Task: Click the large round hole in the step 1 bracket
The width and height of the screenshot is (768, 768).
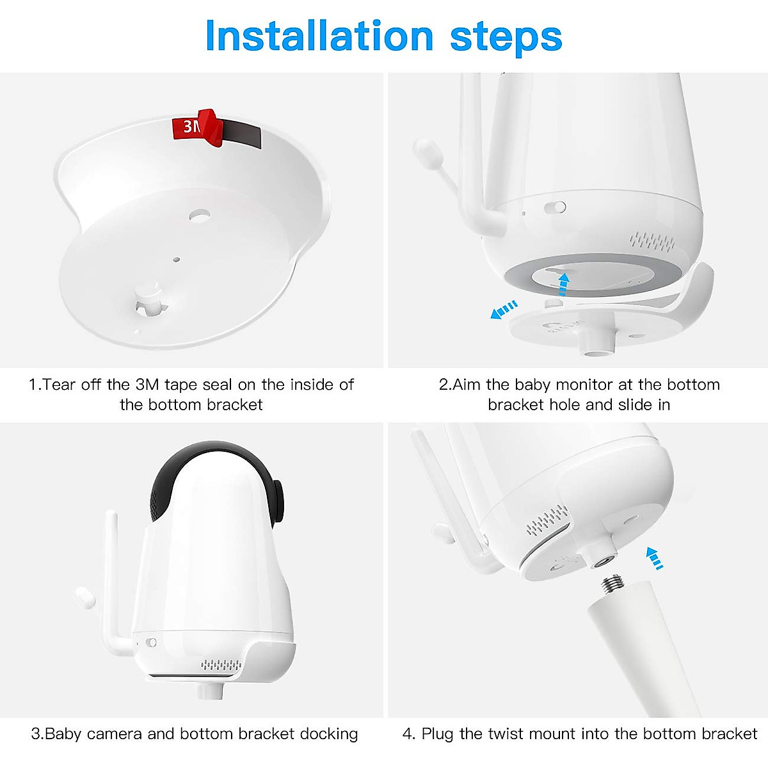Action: click(x=200, y=216)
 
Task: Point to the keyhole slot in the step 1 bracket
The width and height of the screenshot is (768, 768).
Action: click(x=148, y=301)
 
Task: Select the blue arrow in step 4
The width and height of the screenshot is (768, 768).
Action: click(x=653, y=557)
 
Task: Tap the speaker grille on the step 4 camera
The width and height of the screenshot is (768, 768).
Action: click(x=547, y=520)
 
